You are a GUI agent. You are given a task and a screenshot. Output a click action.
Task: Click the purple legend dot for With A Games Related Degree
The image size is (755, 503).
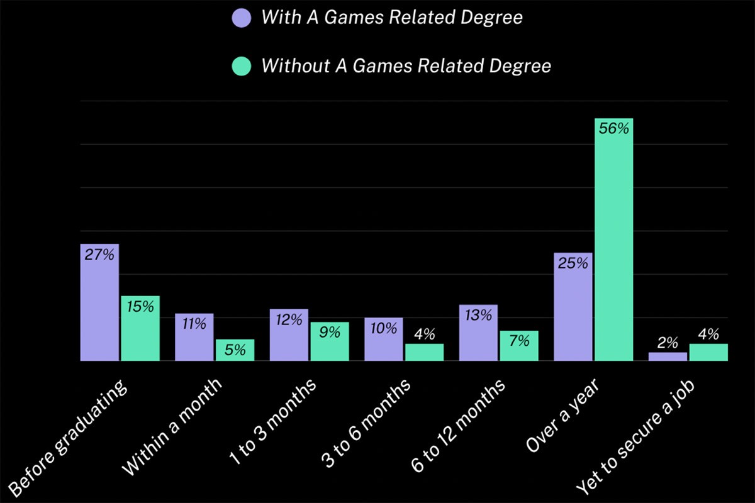[x=242, y=18]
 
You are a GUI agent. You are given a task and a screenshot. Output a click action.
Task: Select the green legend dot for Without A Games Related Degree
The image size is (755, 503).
[x=242, y=65]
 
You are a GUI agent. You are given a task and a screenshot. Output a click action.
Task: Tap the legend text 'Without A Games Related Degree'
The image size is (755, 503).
[x=406, y=65]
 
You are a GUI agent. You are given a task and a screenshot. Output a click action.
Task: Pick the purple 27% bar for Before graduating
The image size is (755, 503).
[x=99, y=308]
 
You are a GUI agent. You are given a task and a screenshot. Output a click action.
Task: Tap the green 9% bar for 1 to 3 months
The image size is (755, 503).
[x=330, y=346]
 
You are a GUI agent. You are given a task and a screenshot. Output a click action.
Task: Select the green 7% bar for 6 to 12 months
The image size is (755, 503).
[x=519, y=349]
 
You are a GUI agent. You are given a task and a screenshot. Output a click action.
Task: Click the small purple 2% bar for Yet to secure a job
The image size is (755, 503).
[x=668, y=357]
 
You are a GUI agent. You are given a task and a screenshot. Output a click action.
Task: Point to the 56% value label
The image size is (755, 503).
[x=613, y=129]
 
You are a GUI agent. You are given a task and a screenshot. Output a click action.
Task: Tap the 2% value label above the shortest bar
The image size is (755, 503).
[x=668, y=343]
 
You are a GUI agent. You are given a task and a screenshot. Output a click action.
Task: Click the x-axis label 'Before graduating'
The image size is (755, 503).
[x=69, y=440]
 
